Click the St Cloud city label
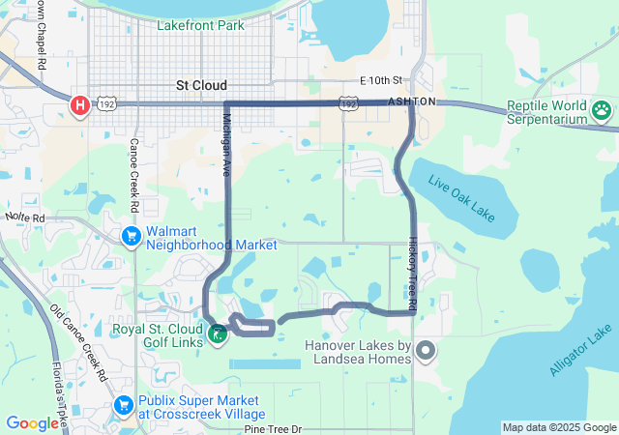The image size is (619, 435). pos(201,86)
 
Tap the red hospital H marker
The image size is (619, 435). pos(80,104)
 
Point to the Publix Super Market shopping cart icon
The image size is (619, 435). pos(123,406)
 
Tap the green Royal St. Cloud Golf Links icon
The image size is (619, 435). pos(220,334)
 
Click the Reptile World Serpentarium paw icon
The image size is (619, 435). pos(603,109)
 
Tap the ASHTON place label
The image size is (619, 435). pos(412,101)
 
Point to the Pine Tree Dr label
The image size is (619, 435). pos(274,428)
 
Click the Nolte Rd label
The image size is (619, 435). pos(25,218)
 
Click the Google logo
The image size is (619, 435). pos(32,423)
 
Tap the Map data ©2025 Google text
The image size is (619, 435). pos(558,428)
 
